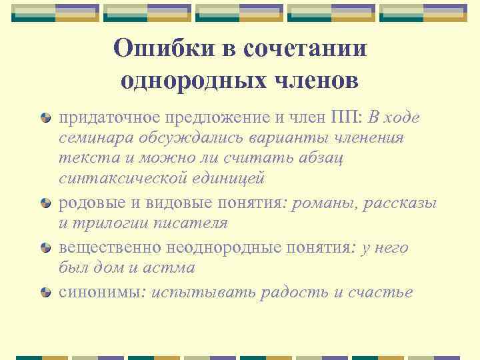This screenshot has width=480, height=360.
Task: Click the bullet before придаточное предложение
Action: (45, 118)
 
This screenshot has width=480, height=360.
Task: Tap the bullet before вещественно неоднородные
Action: (45, 248)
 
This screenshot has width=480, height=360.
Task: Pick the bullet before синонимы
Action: (45, 292)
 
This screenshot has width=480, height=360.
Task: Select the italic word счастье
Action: (381, 291)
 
